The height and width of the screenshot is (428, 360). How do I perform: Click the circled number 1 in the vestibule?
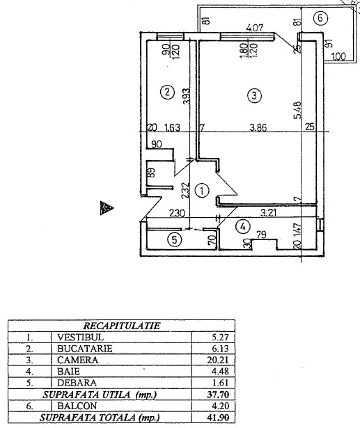(x=202, y=191)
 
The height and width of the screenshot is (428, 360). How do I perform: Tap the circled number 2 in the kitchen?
(x=167, y=92)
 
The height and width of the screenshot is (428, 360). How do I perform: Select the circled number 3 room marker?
(x=254, y=95)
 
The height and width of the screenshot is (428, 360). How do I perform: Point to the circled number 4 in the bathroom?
(x=243, y=227)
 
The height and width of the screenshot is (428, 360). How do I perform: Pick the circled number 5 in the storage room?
(x=175, y=240)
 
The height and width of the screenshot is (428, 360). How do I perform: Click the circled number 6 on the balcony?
(x=320, y=18)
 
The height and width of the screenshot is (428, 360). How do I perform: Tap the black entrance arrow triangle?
(x=107, y=207)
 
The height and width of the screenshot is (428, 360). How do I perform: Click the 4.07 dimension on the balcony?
(x=255, y=27)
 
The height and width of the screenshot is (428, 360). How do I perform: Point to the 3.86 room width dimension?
(x=258, y=127)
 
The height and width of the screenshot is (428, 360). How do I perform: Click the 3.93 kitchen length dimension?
(x=186, y=96)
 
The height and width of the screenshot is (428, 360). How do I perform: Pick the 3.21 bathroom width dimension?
(x=268, y=212)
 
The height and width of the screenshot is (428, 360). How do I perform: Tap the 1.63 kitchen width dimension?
(x=173, y=127)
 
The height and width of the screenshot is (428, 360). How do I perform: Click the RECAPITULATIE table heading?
(x=122, y=326)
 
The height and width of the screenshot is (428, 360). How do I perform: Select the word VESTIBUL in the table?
(x=81, y=337)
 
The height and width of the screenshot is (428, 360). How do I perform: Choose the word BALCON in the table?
(x=77, y=406)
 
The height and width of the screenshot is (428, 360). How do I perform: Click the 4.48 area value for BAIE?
(x=220, y=372)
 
